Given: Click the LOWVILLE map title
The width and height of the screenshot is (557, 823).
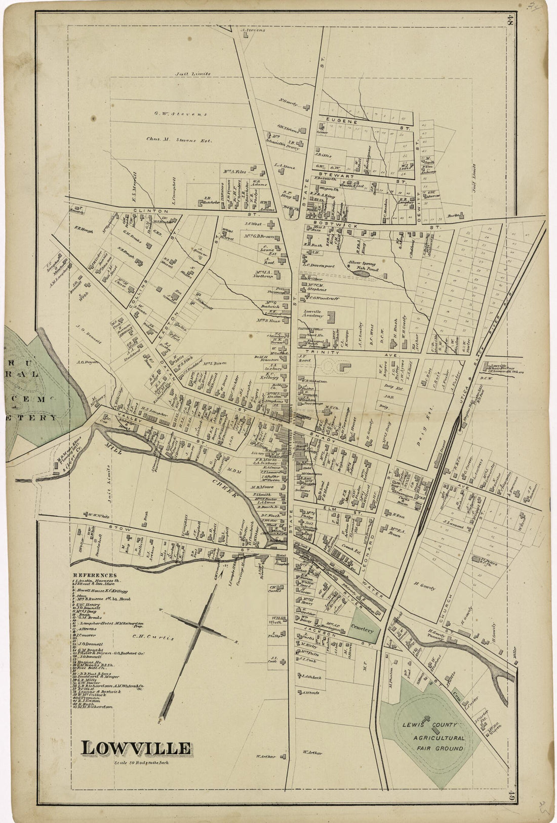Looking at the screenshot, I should coord(137,748).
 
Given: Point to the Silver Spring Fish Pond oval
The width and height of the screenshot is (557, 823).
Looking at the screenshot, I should coord(362,273).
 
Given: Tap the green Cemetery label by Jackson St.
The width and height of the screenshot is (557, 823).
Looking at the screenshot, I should coord(363,630).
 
